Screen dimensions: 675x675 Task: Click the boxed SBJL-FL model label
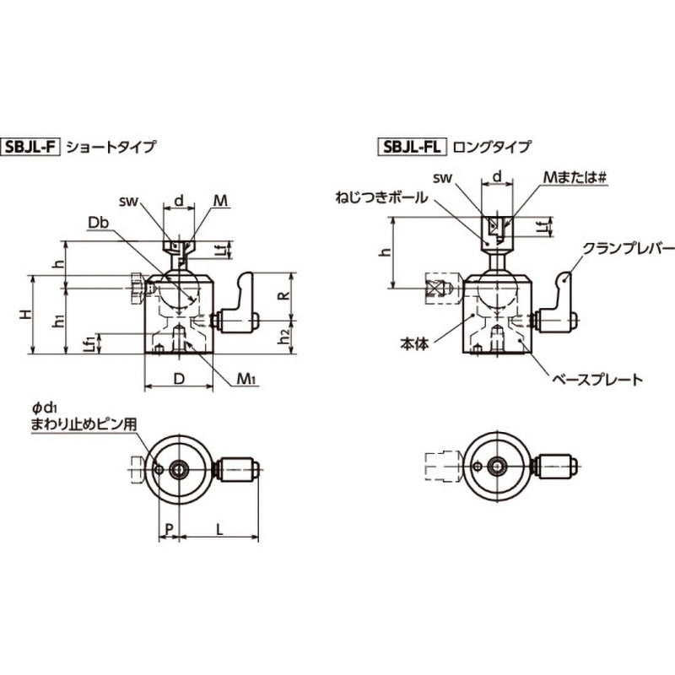413,146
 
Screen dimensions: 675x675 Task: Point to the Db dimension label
99,222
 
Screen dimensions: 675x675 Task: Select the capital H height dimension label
27,314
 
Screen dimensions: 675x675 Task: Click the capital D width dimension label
178,379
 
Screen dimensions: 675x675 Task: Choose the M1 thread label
246,380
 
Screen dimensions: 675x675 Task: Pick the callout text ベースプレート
597,380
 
